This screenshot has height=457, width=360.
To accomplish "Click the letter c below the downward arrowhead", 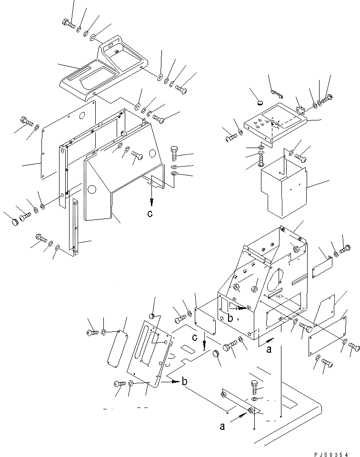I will tap(150, 214).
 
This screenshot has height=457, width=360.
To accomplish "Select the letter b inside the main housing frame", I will tap(230, 318).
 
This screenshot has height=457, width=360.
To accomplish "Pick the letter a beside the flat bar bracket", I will tap(222, 427).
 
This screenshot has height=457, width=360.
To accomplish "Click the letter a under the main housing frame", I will tap(269, 349).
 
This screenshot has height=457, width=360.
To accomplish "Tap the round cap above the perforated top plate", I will tap(260, 101).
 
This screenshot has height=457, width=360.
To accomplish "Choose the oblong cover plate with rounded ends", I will tap(118, 349).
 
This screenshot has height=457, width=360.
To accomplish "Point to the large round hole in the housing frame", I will tap(275, 281).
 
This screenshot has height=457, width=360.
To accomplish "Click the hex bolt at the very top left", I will tap(69, 22).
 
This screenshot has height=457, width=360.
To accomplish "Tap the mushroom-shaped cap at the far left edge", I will tap(14, 221).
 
